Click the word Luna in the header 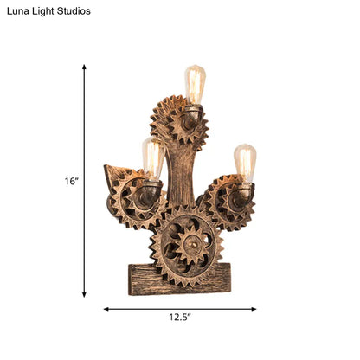(16, 11)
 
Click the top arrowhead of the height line (84, 67)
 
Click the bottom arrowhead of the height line (84, 295)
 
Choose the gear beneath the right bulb (227, 203)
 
